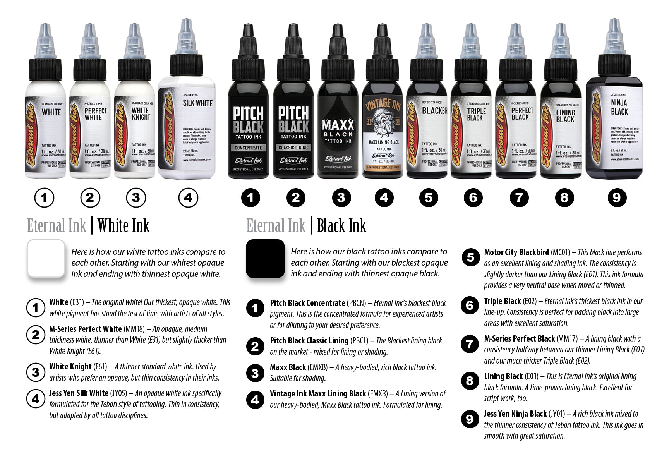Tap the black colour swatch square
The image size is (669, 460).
tap(265, 258)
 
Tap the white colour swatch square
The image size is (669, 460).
tap(46, 258)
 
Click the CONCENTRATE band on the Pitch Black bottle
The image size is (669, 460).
tap(248, 148)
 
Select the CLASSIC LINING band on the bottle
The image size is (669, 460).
tap(293, 148)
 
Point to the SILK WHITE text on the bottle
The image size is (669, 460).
tap(198, 103)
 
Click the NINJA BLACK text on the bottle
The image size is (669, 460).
tap(619, 107)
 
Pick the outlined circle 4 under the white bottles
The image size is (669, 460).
tap(188, 198)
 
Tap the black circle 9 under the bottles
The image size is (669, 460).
tap(616, 198)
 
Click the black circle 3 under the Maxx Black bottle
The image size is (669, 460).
tap(340, 198)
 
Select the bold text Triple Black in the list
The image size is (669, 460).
tap(502, 301)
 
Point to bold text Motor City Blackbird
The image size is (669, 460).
tap(516, 252)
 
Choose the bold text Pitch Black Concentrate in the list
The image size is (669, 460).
tap(307, 303)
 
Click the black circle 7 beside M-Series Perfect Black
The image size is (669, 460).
tap(470, 343)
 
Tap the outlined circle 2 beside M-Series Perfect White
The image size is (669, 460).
tap(36, 334)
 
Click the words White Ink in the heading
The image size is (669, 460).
tap(123, 226)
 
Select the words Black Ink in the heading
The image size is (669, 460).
tap(341, 226)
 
